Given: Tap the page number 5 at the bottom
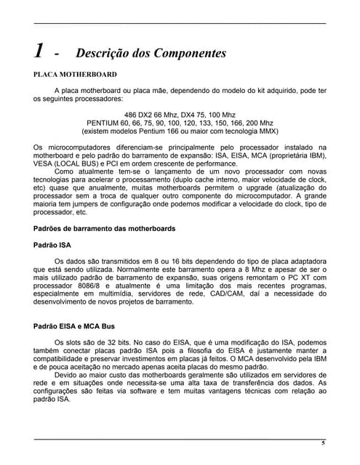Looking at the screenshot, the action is pyautogui.click(x=324, y=443).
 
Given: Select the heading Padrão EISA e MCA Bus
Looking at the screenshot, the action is pyautogui.click(x=74, y=326).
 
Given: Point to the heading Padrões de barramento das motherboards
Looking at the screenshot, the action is pyautogui.click(x=105, y=229).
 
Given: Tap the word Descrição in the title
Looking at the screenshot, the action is pyautogui.click(x=105, y=53).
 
